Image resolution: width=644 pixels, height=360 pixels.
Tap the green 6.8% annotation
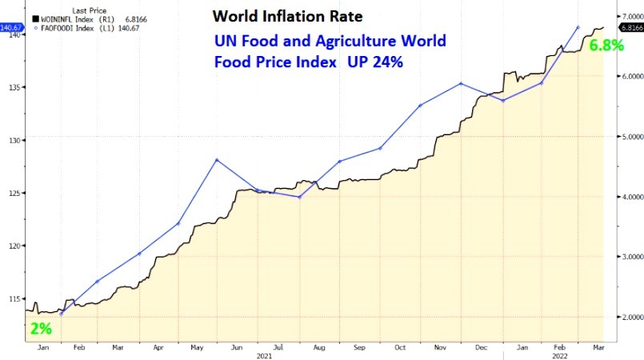[x=606, y=46]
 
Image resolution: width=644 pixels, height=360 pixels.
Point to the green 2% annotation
[x=41, y=328]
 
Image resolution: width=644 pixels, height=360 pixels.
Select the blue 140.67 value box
[x=10, y=26]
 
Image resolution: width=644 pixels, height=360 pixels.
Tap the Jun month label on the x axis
[x=238, y=346]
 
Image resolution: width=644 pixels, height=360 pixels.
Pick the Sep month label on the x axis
[x=359, y=346]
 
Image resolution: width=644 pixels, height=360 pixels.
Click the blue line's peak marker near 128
[x=216, y=160]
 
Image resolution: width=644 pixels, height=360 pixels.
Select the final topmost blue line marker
[x=578, y=27]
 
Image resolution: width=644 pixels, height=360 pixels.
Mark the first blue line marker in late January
[x=62, y=314]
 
